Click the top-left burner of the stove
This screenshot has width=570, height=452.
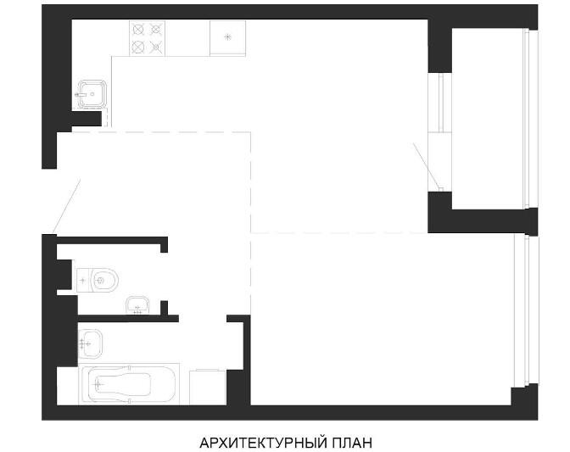[138, 30]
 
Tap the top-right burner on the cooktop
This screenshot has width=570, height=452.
[156, 30]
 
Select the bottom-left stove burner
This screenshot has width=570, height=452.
[138, 47]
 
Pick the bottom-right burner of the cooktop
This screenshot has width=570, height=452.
[156, 47]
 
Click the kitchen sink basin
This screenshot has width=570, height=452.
[92, 94]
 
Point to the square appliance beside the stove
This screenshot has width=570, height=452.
[227, 38]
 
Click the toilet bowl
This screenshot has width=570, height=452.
[104, 280]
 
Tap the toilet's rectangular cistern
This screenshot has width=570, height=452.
[84, 280]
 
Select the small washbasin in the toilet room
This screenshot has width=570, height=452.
[137, 304]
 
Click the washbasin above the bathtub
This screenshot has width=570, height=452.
[90, 343]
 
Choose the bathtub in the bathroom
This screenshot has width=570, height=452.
[129, 384]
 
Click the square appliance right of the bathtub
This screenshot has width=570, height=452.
[208, 387]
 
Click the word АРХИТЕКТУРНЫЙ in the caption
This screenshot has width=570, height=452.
[262, 443]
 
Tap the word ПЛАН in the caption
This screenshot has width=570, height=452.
[351, 443]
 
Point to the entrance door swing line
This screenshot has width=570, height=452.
[66, 206]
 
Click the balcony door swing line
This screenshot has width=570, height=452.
[427, 166]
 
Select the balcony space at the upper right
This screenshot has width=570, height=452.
[488, 119]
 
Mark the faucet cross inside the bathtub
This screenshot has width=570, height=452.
[98, 384]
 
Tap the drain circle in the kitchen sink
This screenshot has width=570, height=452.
[92, 94]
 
